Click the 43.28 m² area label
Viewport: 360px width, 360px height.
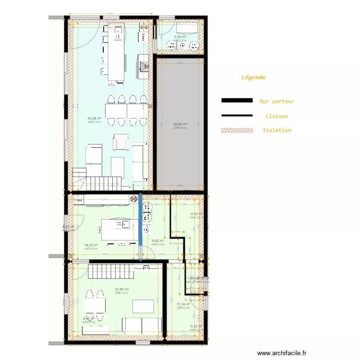point(94,118)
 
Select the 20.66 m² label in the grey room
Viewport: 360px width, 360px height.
point(180,124)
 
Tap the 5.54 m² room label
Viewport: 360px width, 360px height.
point(180,37)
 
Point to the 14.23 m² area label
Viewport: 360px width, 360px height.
point(91,245)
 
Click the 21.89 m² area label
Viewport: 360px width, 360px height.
point(121,289)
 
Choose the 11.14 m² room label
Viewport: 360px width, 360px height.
point(183,304)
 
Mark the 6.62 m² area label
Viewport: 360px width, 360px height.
point(158,241)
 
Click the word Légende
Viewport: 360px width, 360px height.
point(253,77)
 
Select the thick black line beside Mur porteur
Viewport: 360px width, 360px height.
point(237,101)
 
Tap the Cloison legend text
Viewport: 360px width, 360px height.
point(276,116)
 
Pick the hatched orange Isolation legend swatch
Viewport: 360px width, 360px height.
point(237,130)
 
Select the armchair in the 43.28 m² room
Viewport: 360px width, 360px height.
point(121,142)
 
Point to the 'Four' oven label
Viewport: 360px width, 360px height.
point(79,199)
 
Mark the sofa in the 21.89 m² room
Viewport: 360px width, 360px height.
point(141,325)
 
